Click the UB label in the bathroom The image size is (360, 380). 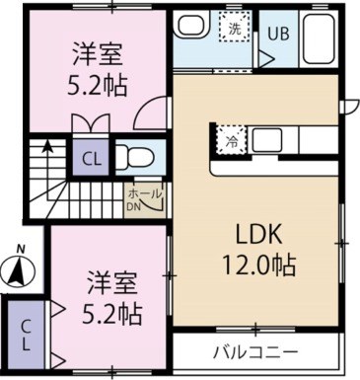pyautogui.click(x=280, y=32)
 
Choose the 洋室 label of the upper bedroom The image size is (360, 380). pyautogui.click(x=96, y=51)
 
